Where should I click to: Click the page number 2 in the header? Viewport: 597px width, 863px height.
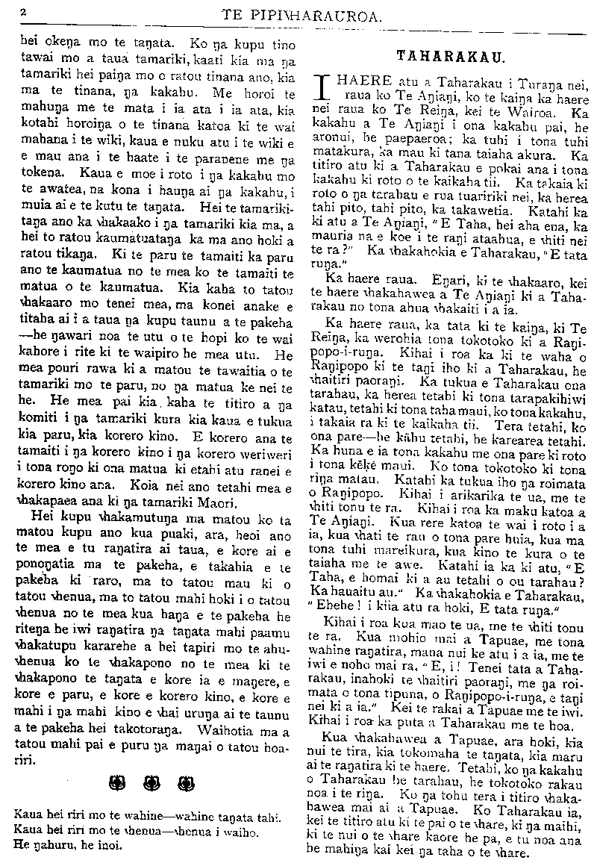25,12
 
